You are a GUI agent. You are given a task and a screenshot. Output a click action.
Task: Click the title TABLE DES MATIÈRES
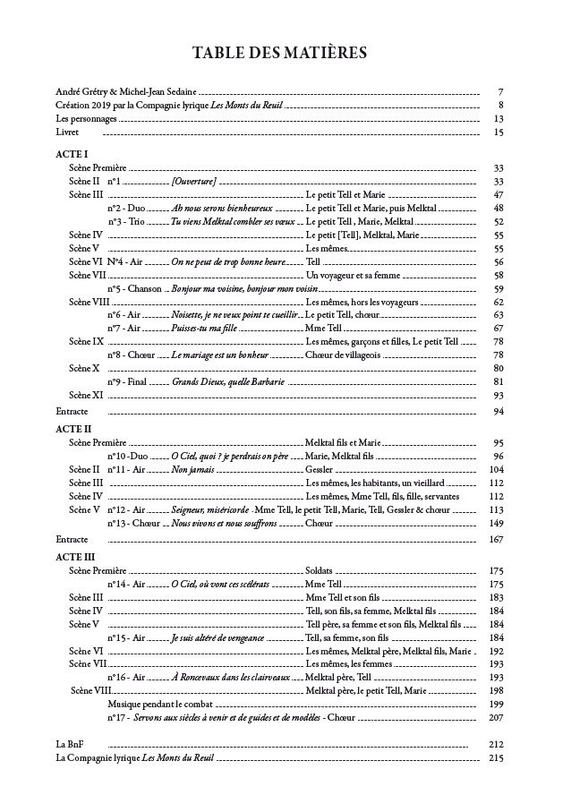click(279, 55)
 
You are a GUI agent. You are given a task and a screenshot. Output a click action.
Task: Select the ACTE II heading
click(73, 430)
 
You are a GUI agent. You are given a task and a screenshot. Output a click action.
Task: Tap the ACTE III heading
click(75, 557)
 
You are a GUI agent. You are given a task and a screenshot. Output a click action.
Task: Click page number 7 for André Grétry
click(500, 92)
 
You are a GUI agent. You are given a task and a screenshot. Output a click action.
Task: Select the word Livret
click(67, 132)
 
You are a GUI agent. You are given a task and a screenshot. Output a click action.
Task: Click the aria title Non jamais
click(191, 469)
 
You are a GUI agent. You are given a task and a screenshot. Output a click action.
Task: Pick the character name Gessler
click(320, 469)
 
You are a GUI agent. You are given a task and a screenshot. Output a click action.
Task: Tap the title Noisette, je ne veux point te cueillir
click(235, 315)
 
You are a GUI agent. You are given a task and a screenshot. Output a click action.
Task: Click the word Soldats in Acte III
click(320, 570)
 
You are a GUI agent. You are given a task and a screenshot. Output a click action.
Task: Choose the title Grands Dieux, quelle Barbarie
click(228, 381)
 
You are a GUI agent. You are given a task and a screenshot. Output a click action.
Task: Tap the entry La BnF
click(68, 744)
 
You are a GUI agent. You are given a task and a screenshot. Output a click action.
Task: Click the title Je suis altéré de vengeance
click(217, 637)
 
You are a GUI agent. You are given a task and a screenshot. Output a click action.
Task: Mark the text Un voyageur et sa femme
click(353, 275)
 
